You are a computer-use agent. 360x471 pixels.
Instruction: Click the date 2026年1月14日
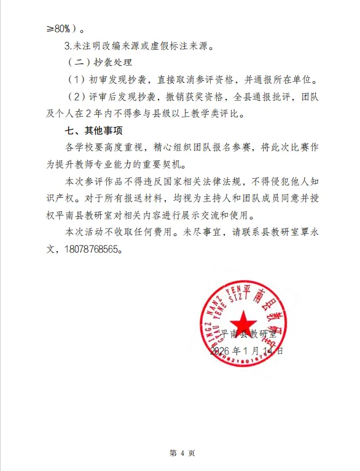(x=247, y=351)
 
